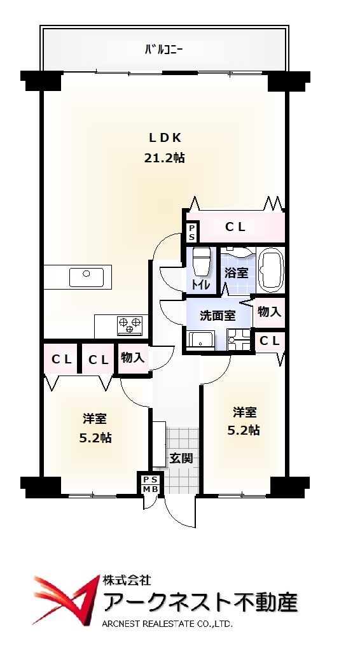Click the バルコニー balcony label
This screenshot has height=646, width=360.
tap(163, 50)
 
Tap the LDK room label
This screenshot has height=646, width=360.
tap(165, 138)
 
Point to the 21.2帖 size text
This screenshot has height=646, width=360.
tap(164, 158)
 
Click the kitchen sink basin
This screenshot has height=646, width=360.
tap(87, 277)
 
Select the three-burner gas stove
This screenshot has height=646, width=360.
tap(130, 325)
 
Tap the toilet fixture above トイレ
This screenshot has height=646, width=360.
tap(202, 262)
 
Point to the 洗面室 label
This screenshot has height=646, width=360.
tap(218, 316)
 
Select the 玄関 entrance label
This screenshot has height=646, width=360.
tap(181, 458)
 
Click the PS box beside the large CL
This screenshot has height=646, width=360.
tap(193, 233)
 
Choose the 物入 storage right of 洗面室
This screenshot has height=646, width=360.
tap(270, 312)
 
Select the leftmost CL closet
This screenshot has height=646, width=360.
tap(61, 359)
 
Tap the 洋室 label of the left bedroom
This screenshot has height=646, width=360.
tap(95, 419)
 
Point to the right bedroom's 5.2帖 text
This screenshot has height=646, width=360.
tap(244, 430)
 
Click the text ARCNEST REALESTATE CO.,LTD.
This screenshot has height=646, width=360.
tap(167, 624)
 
